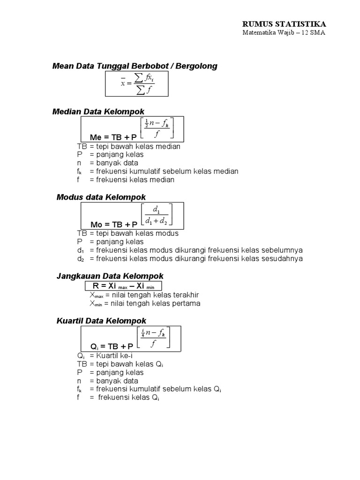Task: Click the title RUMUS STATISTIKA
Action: point(284,24)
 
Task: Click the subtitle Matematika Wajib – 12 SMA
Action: point(284,33)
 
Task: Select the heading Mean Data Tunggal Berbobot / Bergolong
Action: point(135,66)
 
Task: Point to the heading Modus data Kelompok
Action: point(101,197)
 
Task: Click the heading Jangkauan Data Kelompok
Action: point(110,277)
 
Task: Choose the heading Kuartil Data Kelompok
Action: point(102,321)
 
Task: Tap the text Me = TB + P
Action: point(113,137)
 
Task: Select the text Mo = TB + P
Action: point(113,225)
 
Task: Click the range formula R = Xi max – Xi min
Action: point(124,286)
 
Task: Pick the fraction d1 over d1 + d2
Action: point(156,214)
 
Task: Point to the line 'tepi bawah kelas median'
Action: point(129,146)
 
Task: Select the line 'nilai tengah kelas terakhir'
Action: point(145,295)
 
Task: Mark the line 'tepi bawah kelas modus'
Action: point(128,233)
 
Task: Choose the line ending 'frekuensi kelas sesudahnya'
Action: point(190,258)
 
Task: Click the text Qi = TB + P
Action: point(112,346)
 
